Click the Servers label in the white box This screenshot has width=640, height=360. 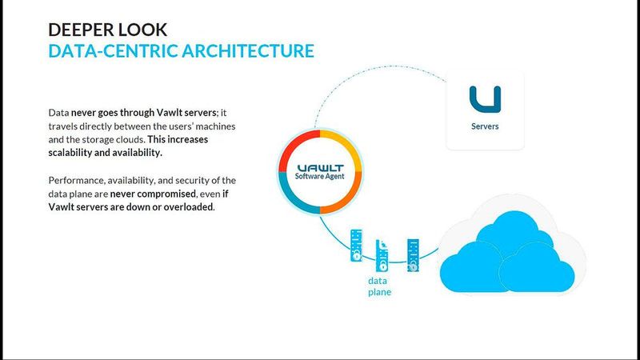coord(485,126)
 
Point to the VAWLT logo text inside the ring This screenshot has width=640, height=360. coord(319,165)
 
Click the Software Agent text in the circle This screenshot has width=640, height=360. coord(319,176)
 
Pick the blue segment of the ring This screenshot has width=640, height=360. coord(292,198)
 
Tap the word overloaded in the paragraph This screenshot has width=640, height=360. coord(190,206)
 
